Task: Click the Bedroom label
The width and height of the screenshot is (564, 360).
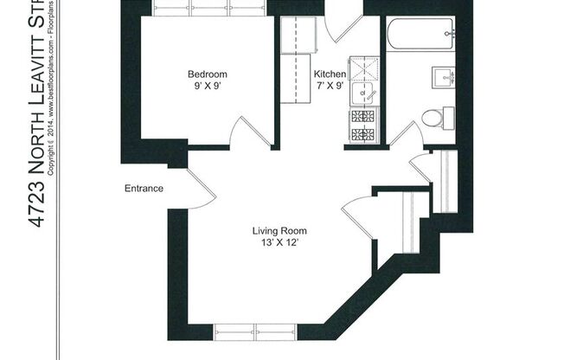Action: coord(208,74)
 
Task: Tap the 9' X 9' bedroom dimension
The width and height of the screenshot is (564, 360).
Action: coord(208,87)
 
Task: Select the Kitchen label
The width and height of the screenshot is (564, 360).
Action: coord(330,74)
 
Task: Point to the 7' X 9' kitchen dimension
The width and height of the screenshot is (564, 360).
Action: coord(330,87)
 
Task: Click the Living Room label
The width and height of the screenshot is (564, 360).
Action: coord(279,231)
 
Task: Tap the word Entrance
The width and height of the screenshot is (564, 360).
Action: coord(144,189)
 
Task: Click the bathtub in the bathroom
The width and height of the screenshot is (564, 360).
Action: coord(420,35)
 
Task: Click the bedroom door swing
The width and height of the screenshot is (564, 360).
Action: coord(250,132)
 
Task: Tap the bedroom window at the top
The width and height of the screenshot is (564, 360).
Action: coord(208,8)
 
